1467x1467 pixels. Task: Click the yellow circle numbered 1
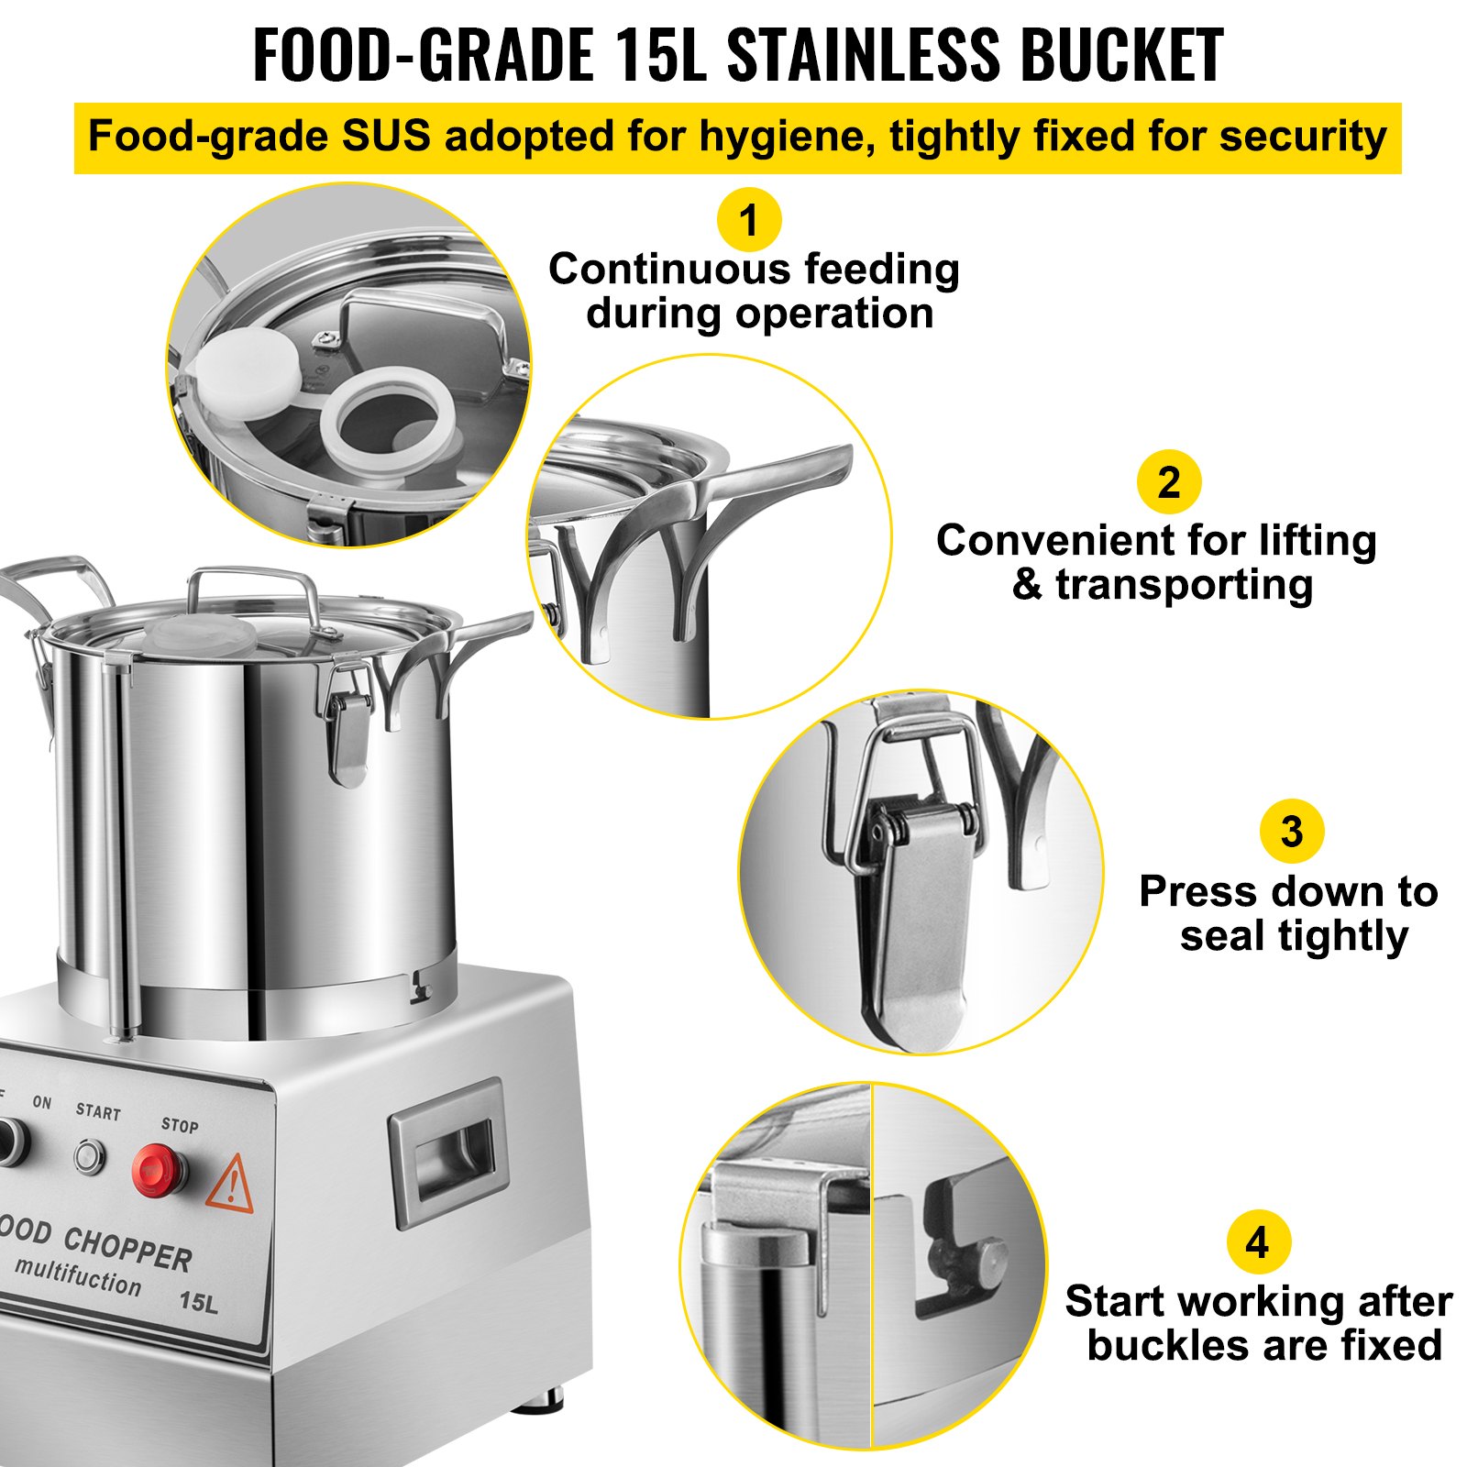(x=749, y=220)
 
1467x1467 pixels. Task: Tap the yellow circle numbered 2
(x=1168, y=482)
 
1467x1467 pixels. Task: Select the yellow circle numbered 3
(x=1291, y=832)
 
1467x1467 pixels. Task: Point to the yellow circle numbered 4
(x=1258, y=1242)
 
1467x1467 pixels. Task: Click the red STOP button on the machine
(x=158, y=1170)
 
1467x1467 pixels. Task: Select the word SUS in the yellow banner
(x=386, y=137)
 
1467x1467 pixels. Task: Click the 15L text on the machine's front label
(x=198, y=1300)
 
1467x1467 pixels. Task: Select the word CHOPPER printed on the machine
(x=127, y=1248)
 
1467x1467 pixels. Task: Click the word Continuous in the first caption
(x=671, y=270)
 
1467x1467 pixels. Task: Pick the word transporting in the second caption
(x=1183, y=585)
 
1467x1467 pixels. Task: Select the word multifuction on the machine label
(x=79, y=1275)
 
